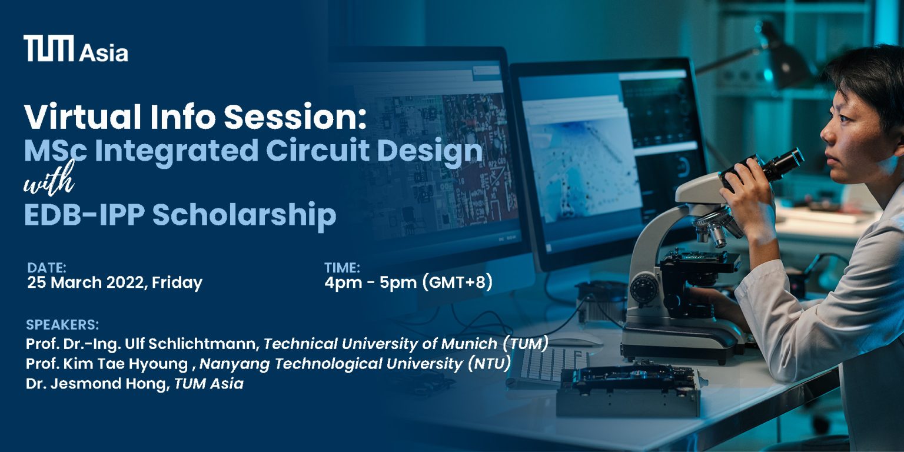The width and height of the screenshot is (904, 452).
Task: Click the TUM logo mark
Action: [49, 48]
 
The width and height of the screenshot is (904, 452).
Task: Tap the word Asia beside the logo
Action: [104, 54]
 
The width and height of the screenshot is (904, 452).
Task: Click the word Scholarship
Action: [244, 215]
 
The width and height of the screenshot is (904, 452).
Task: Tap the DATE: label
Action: [47, 268]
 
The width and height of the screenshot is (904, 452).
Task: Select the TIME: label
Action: [342, 268]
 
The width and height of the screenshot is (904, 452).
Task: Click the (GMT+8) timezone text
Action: [457, 282]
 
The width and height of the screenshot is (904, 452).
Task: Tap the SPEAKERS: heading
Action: [62, 324]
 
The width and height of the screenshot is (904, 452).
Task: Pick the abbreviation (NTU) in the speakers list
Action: [490, 364]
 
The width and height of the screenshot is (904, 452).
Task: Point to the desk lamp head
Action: [785, 61]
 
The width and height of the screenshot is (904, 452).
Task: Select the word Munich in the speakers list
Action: [469, 344]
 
